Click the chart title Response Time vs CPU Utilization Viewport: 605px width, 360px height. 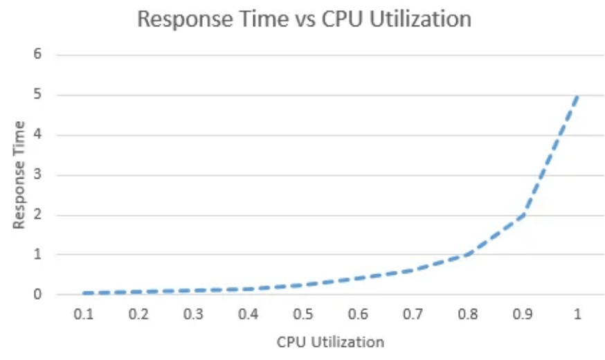coord(304,19)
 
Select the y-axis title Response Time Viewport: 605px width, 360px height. coord(19,174)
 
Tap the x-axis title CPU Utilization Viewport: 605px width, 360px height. coord(330,341)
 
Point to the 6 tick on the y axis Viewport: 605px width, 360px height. coord(38,55)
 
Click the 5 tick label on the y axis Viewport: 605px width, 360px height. coord(38,95)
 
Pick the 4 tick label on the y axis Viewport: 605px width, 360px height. coord(38,135)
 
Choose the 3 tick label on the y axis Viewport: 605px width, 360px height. coord(38,174)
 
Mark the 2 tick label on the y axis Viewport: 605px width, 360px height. coord(38,215)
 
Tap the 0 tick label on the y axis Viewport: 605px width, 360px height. coord(38,294)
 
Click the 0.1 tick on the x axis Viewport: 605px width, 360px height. coord(84,314)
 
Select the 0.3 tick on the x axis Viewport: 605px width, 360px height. coord(193,314)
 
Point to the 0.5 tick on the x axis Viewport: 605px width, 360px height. coord(303,314)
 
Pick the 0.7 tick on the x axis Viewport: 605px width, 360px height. coord(413,314)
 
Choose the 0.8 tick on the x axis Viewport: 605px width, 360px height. coord(468,314)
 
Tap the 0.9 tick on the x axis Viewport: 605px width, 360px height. coord(523,314)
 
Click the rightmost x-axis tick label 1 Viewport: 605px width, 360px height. coord(577,314)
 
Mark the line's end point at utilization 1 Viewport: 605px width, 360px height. coord(577,96)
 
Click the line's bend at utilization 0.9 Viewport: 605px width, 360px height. coord(523,215)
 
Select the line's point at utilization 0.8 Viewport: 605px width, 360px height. coord(468,254)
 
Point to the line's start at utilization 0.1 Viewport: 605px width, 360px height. coord(84,293)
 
